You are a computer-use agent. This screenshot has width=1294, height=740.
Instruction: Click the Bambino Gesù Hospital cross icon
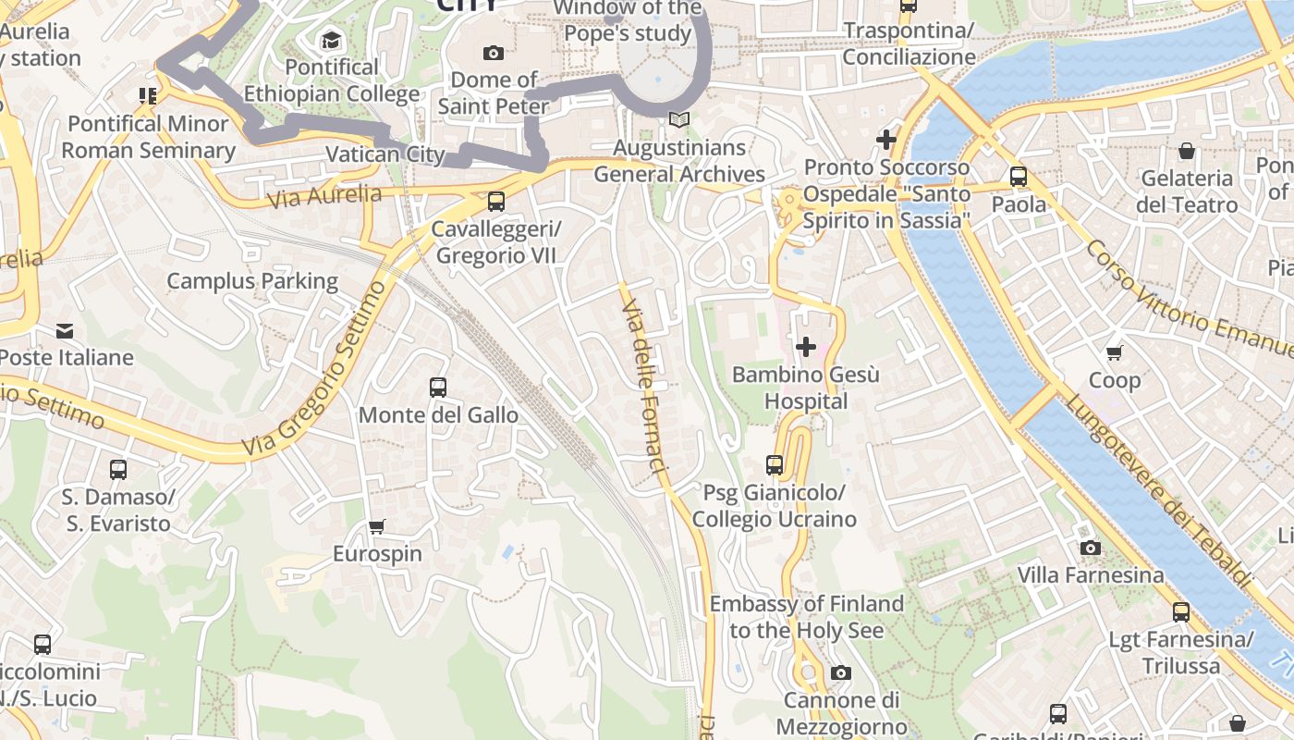[x=806, y=347]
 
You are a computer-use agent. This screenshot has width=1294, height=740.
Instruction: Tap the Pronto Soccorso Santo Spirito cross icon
[x=886, y=140]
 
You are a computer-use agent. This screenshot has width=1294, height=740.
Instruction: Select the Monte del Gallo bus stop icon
[x=438, y=388]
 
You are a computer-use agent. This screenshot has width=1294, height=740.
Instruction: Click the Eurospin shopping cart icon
[x=377, y=526]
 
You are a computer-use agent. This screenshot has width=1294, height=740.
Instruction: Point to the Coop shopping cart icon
[x=1115, y=352]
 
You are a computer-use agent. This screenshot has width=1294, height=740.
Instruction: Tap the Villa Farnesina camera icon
[x=1091, y=548]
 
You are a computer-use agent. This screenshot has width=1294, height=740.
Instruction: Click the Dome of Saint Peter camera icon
[x=494, y=53]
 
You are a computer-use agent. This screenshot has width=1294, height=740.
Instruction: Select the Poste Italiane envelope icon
[x=65, y=330]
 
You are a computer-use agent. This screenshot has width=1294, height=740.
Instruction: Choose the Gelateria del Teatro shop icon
[x=1187, y=151]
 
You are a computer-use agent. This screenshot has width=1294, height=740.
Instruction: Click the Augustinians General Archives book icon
[x=679, y=120]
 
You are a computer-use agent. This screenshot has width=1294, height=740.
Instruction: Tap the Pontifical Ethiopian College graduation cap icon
[x=331, y=40]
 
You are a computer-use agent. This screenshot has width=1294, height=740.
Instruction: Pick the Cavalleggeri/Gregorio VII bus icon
[x=496, y=201]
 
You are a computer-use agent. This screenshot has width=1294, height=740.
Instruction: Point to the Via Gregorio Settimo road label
[x=314, y=370]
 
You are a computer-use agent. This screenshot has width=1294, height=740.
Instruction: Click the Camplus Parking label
[x=252, y=281]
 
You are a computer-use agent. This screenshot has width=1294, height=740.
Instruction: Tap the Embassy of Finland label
[x=806, y=617]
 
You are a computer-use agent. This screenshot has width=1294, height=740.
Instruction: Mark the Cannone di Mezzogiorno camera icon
[x=840, y=672]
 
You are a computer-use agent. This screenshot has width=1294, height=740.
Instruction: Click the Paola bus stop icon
[x=1019, y=177]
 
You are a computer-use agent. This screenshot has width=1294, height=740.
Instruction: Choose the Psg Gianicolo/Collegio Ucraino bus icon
[x=775, y=465]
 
